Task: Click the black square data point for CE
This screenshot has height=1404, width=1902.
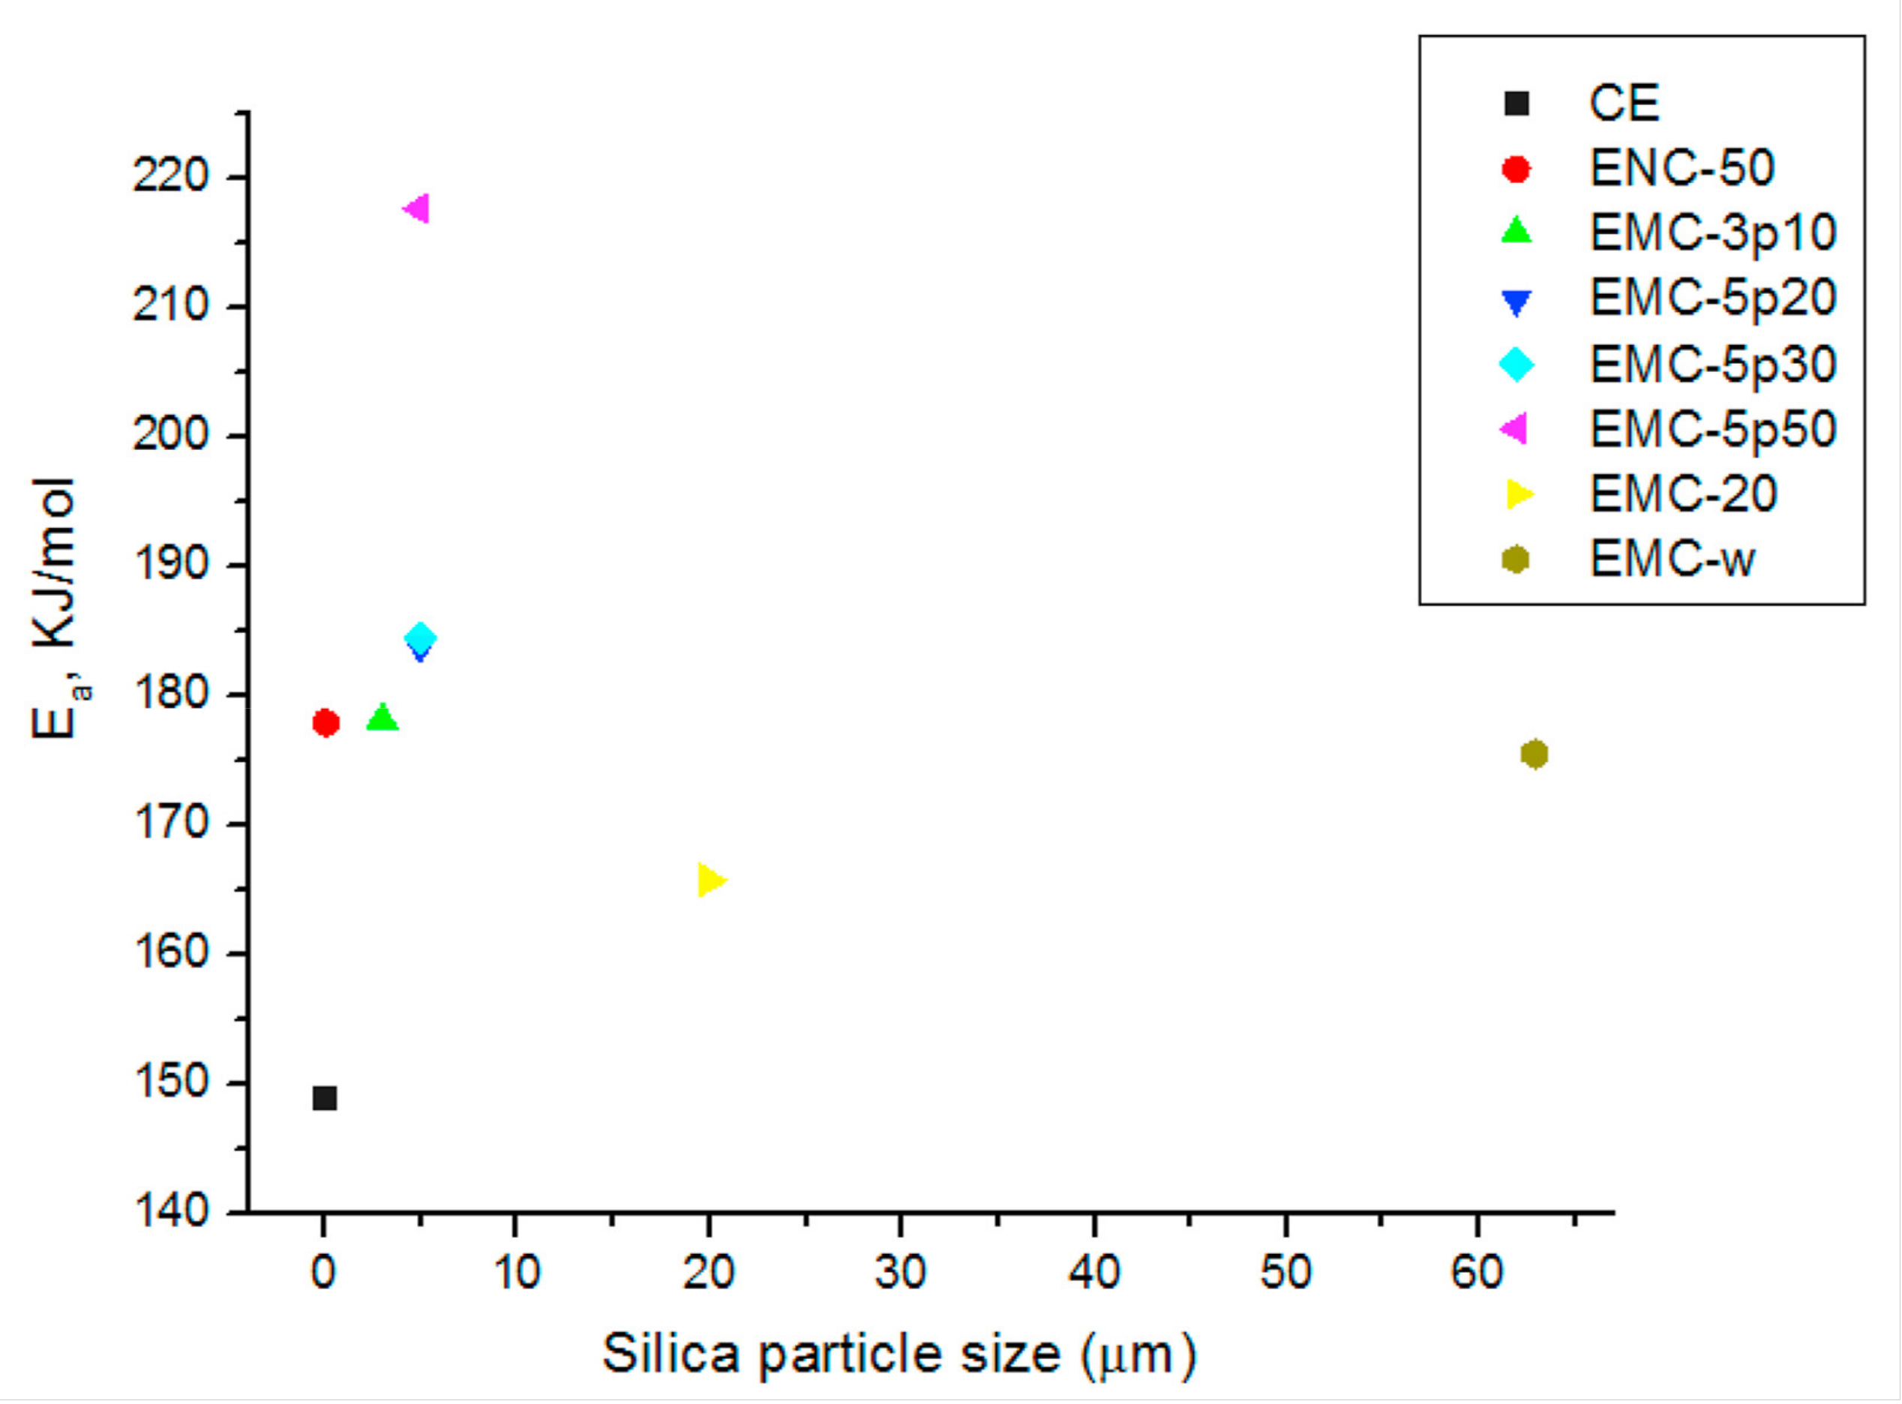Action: point(325,1098)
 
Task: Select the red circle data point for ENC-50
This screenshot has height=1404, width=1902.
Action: point(325,722)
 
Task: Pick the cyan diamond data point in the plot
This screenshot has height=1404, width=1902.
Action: point(420,637)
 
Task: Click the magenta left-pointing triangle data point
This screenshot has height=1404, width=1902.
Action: point(417,208)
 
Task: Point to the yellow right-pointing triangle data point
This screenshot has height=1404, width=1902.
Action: point(710,880)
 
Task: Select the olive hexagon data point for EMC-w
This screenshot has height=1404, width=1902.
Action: point(1534,754)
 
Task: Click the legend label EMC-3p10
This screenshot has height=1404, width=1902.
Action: point(1712,232)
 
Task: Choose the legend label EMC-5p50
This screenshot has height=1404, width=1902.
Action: point(1712,429)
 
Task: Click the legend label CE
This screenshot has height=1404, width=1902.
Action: point(1623,103)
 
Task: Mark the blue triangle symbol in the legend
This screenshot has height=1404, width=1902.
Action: point(1516,301)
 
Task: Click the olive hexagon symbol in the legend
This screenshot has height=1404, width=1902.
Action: point(1516,559)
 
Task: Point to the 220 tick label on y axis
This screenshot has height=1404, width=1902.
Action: point(170,178)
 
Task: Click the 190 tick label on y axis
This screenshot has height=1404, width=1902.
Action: point(170,565)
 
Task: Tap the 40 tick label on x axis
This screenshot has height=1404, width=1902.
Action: point(1093,1272)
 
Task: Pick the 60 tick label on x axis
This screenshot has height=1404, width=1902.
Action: point(1478,1272)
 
